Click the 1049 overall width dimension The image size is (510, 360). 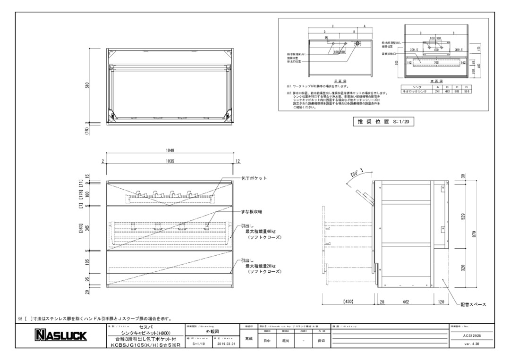[170, 151]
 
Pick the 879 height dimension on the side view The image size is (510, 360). [480, 234]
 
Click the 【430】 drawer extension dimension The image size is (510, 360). [348, 301]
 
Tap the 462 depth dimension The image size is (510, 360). [406, 301]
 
